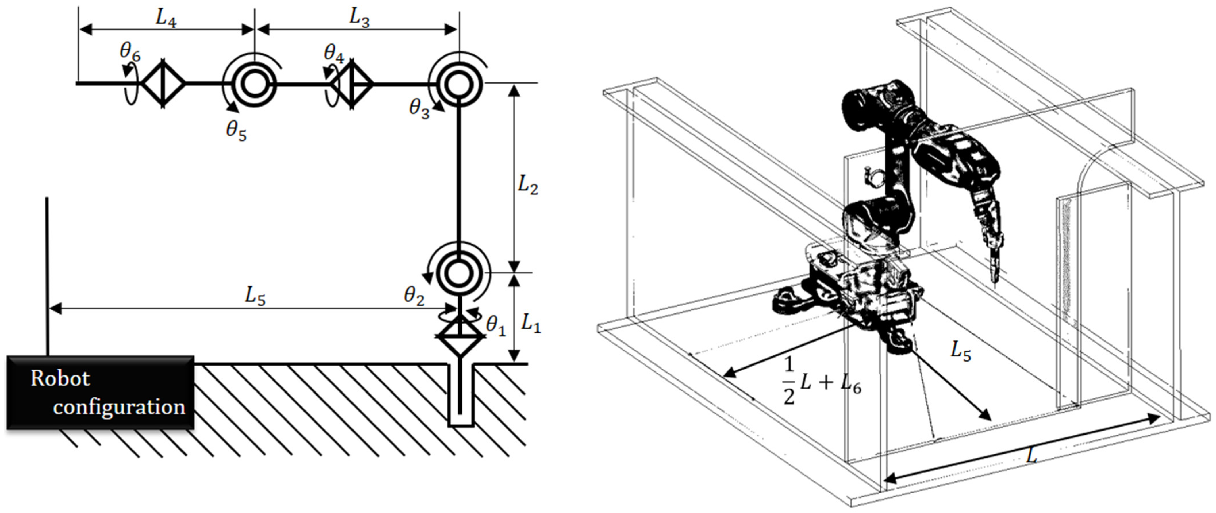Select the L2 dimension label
tap(528, 186)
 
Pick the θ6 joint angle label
tap(130, 52)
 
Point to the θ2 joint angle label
tap(414, 296)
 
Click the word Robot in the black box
tap(60, 379)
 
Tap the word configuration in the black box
tap(119, 407)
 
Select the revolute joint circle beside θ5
tap(254, 84)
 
